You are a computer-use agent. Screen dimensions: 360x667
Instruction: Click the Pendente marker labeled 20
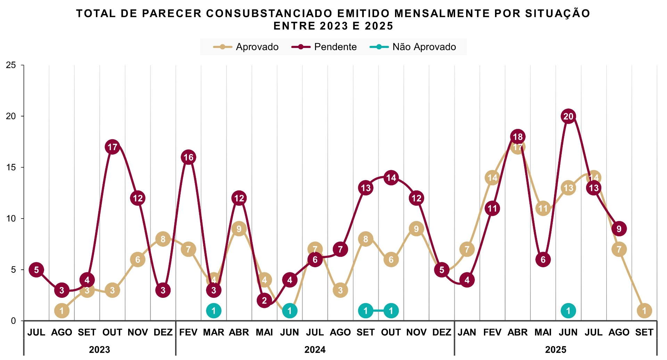(568, 116)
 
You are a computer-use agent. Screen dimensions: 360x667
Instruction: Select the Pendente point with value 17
(112, 147)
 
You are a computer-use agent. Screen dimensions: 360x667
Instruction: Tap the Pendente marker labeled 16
(188, 157)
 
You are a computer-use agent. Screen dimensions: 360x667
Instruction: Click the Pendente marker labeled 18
(518, 137)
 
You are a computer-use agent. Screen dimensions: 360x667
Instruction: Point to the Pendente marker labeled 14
(391, 178)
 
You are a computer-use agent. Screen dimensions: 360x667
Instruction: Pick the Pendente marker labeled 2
(264, 301)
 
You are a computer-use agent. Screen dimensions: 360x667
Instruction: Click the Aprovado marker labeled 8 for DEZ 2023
(163, 239)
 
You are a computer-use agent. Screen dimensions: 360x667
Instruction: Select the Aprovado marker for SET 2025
(644, 311)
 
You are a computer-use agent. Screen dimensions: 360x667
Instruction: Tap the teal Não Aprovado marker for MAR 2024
(214, 311)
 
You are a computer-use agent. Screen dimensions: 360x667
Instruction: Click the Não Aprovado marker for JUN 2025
(568, 311)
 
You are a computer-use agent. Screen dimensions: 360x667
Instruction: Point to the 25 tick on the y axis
(11, 65)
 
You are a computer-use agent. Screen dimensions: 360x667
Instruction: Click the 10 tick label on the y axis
(11, 219)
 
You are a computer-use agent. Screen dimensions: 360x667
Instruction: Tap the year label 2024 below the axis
(315, 350)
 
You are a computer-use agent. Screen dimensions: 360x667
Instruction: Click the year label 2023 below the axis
(99, 350)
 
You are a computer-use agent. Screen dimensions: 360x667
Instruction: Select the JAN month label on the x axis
(467, 333)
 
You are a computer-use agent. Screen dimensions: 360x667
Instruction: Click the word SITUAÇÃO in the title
(557, 14)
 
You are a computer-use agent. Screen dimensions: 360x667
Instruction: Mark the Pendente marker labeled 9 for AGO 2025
(619, 229)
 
